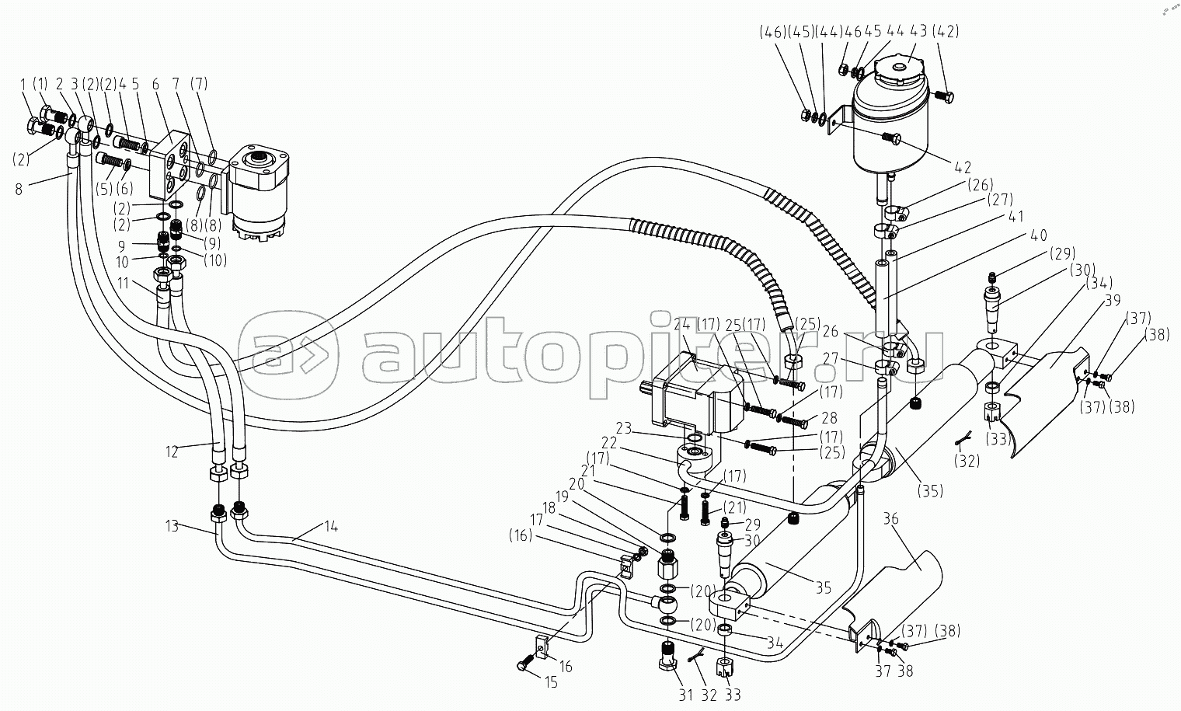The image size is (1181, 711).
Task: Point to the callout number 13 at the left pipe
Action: [x=172, y=526]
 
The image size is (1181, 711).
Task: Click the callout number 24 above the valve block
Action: [x=682, y=323]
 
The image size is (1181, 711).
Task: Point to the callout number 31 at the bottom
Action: [x=685, y=695]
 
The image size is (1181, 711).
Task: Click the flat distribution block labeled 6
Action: [x=171, y=163]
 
